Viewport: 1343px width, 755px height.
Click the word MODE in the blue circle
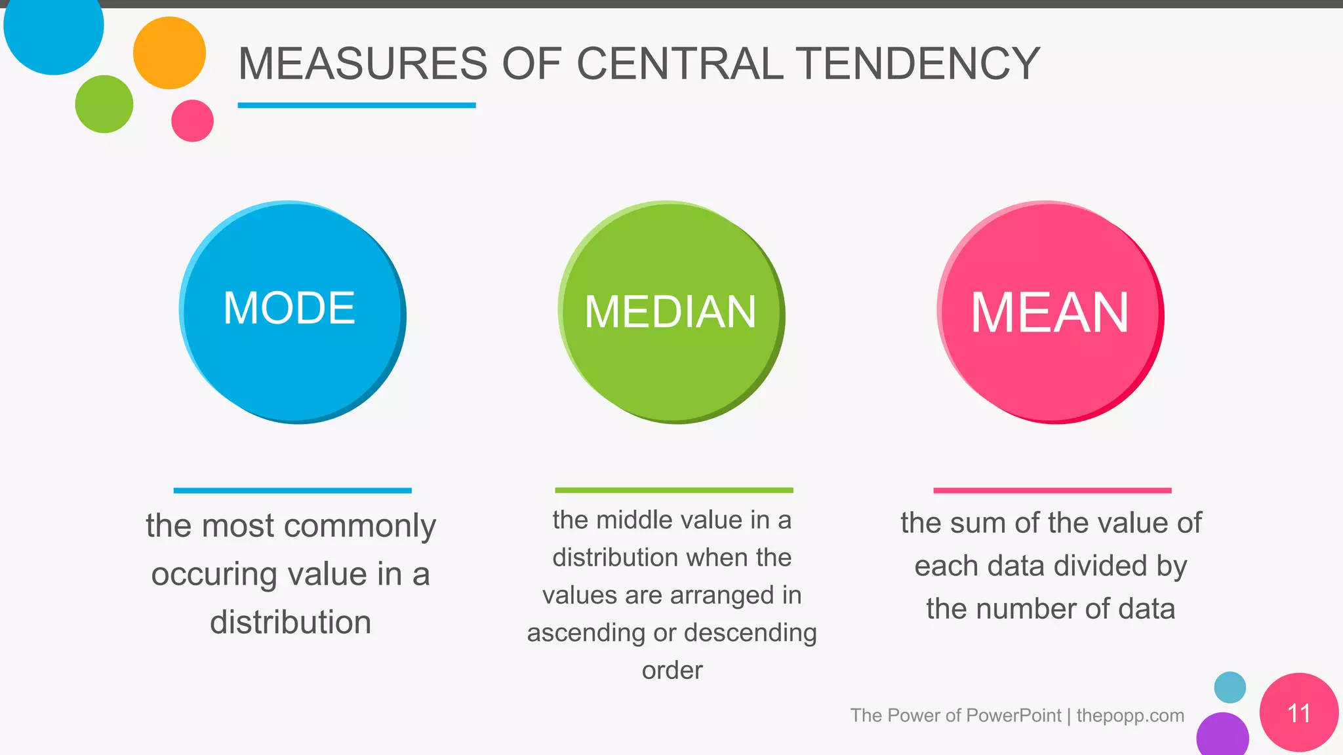pyautogui.click(x=289, y=307)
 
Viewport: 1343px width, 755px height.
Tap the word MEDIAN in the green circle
pyautogui.click(x=670, y=311)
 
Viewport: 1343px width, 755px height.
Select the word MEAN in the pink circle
pyautogui.click(x=1049, y=313)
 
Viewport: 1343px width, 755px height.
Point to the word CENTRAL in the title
pyautogui.click(x=680, y=64)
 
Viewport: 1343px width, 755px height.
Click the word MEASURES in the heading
pyautogui.click(x=363, y=64)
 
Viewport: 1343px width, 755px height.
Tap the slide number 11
pyautogui.click(x=1298, y=713)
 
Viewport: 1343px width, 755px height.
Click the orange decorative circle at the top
pyautogui.click(x=169, y=52)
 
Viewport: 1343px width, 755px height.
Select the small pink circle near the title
pyautogui.click(x=192, y=121)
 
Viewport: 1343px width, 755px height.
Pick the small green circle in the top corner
pyautogui.click(x=104, y=104)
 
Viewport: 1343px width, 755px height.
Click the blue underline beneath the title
pyautogui.click(x=356, y=105)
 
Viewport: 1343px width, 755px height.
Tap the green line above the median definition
pyautogui.click(x=673, y=490)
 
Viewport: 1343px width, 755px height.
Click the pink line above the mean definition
pyautogui.click(x=1052, y=490)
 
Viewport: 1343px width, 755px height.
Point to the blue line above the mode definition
pyautogui.click(x=292, y=490)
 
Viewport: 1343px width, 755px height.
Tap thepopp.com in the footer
pyautogui.click(x=1130, y=715)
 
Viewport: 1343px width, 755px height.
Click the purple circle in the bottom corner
pyautogui.click(x=1222, y=735)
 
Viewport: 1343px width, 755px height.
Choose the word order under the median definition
pyautogui.click(x=672, y=670)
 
